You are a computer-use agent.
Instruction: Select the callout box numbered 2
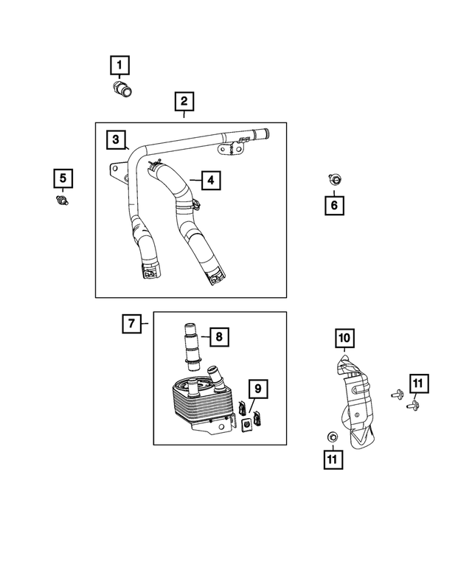pos(184,101)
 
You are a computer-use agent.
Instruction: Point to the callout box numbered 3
pos(116,139)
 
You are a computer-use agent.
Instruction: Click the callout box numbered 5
pos(63,178)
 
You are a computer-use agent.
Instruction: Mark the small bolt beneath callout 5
pos(63,201)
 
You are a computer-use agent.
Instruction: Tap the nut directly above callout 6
pos(333,178)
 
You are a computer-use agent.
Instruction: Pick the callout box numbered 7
pos(131,323)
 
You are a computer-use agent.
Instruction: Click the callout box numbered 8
pos(218,337)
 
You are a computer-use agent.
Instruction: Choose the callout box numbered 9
pos(257,388)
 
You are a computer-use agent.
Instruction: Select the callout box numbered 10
pos(344,338)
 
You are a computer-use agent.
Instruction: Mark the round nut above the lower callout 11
pos(332,437)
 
